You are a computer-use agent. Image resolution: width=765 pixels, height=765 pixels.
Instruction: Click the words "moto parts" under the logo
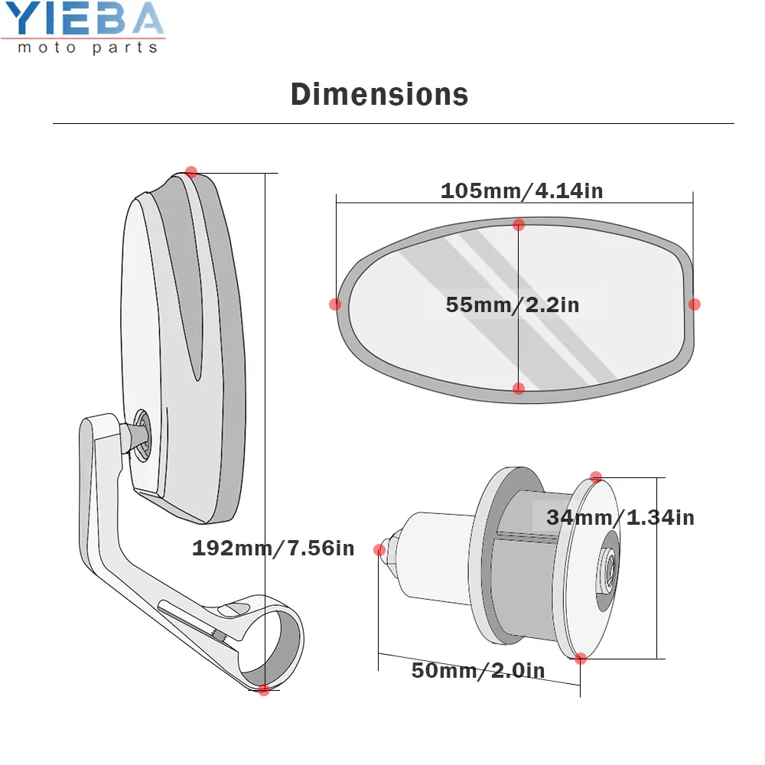(x=88, y=47)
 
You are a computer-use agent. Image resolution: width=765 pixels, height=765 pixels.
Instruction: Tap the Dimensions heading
(x=379, y=94)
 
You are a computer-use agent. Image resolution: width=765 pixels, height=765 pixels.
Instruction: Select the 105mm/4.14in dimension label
(x=522, y=190)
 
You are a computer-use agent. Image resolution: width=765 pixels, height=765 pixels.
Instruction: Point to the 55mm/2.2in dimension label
(x=513, y=304)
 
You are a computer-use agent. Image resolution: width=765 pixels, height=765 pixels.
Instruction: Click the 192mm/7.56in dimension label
(x=273, y=548)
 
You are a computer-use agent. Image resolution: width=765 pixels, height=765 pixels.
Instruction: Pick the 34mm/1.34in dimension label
(x=620, y=517)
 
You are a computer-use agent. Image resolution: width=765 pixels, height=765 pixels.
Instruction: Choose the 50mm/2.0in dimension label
(x=478, y=670)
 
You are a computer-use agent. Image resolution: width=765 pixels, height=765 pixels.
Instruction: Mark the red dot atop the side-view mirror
(x=191, y=171)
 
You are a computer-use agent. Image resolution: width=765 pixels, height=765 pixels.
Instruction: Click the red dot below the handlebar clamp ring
(x=263, y=689)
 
